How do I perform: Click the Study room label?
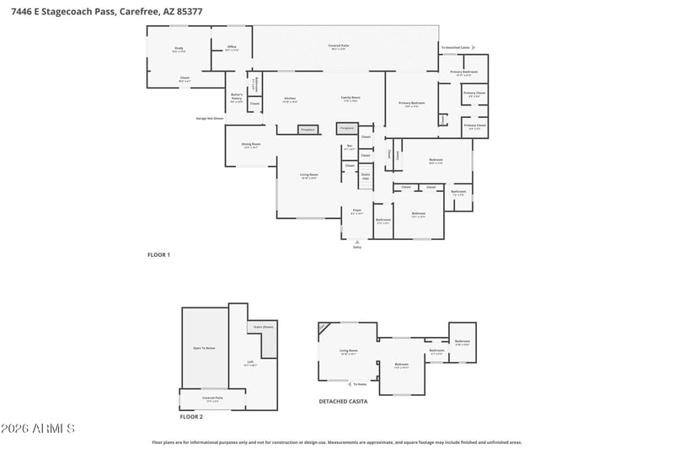click(179, 50)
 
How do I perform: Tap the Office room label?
click(232, 49)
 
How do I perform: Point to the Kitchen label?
click(290, 99)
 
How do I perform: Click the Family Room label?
click(350, 99)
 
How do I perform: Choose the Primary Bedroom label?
click(412, 104)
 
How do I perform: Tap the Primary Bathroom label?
click(463, 73)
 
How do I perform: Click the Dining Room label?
click(251, 145)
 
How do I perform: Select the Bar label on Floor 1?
click(350, 147)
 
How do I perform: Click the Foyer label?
click(357, 212)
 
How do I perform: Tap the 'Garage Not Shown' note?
click(210, 119)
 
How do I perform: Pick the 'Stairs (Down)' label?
click(263, 327)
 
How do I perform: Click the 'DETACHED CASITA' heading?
click(343, 402)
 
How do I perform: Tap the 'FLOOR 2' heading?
click(191, 416)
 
